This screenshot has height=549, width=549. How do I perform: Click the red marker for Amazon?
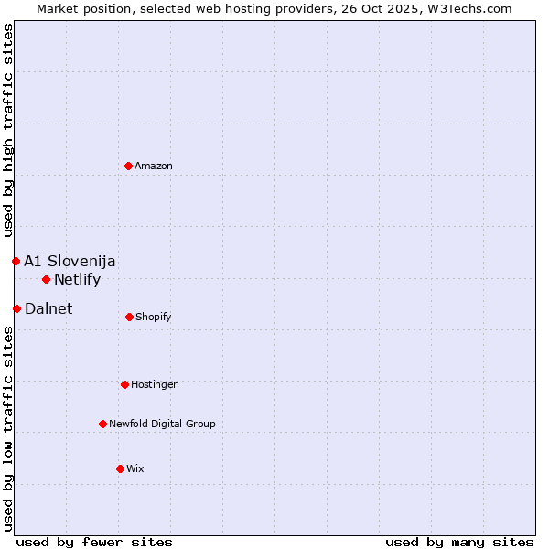pos(129,166)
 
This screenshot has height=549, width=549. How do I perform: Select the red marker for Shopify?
pos(129,317)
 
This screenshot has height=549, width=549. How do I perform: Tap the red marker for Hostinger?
pos(124,384)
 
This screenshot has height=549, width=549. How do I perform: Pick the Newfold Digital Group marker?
pos(102,424)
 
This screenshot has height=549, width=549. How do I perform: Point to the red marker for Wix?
pos(120,468)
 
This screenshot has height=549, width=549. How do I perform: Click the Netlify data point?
pos(46,279)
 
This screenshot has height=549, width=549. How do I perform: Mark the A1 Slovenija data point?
pos(16,261)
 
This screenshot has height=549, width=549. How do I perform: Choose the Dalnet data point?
pos(16,308)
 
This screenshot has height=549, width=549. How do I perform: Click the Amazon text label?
pos(154,166)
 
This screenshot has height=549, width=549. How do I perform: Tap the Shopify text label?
pos(154,317)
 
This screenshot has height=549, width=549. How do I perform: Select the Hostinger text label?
pos(154,384)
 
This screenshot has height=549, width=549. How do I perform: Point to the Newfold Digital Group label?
pos(162,424)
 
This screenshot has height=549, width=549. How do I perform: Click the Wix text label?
pos(135,468)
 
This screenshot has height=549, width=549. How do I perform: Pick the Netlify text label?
pos(77,279)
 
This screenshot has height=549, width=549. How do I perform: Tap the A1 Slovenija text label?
pos(70,261)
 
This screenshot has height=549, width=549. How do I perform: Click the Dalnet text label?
pos(48,308)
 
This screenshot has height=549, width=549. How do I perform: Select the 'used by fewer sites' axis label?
pos(94,542)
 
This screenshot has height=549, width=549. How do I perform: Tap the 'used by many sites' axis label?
pos(459,542)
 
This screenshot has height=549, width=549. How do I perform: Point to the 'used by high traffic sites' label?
pos(8,132)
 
